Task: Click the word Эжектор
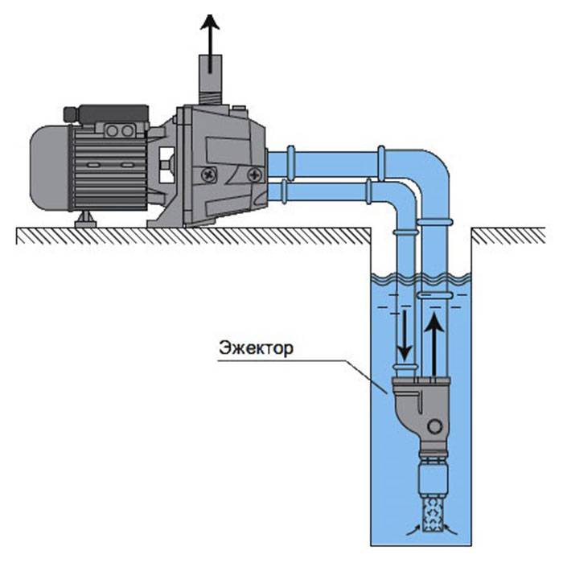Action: (x=256, y=347)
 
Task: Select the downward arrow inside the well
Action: (x=405, y=336)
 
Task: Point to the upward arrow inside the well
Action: (x=434, y=345)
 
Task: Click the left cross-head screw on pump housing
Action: (x=208, y=175)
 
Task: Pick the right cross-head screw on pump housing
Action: (x=255, y=175)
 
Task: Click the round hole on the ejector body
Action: (x=435, y=427)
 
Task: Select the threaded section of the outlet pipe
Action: (x=211, y=97)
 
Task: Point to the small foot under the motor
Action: (x=85, y=220)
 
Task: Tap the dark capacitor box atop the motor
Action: (x=106, y=114)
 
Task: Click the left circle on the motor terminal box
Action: (x=113, y=131)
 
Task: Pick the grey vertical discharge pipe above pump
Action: (x=211, y=80)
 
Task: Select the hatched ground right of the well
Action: (x=508, y=236)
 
